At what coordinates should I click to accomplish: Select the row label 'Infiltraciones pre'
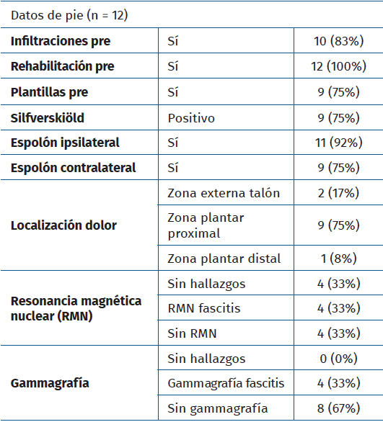tap(61, 42)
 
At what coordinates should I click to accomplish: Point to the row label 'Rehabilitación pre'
tap(63, 67)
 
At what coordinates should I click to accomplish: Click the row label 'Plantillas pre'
tap(50, 92)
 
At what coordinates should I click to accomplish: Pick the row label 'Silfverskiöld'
tap(45, 117)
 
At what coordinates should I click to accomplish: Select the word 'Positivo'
tap(190, 117)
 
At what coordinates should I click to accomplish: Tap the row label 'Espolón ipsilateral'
tap(65, 143)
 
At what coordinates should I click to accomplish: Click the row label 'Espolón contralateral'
tap(73, 168)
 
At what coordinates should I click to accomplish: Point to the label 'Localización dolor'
tap(63, 225)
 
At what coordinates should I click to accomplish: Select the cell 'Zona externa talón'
tap(224, 193)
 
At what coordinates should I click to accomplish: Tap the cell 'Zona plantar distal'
tap(224, 259)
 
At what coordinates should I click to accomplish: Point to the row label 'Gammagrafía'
tap(45, 384)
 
